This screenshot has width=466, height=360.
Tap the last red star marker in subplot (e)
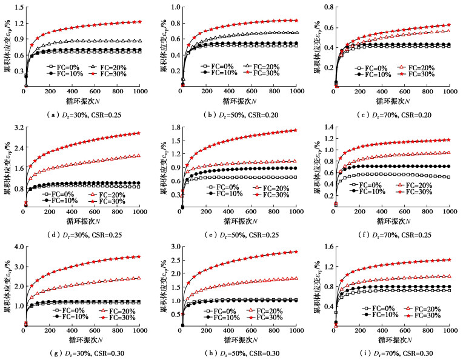click(296, 130)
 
